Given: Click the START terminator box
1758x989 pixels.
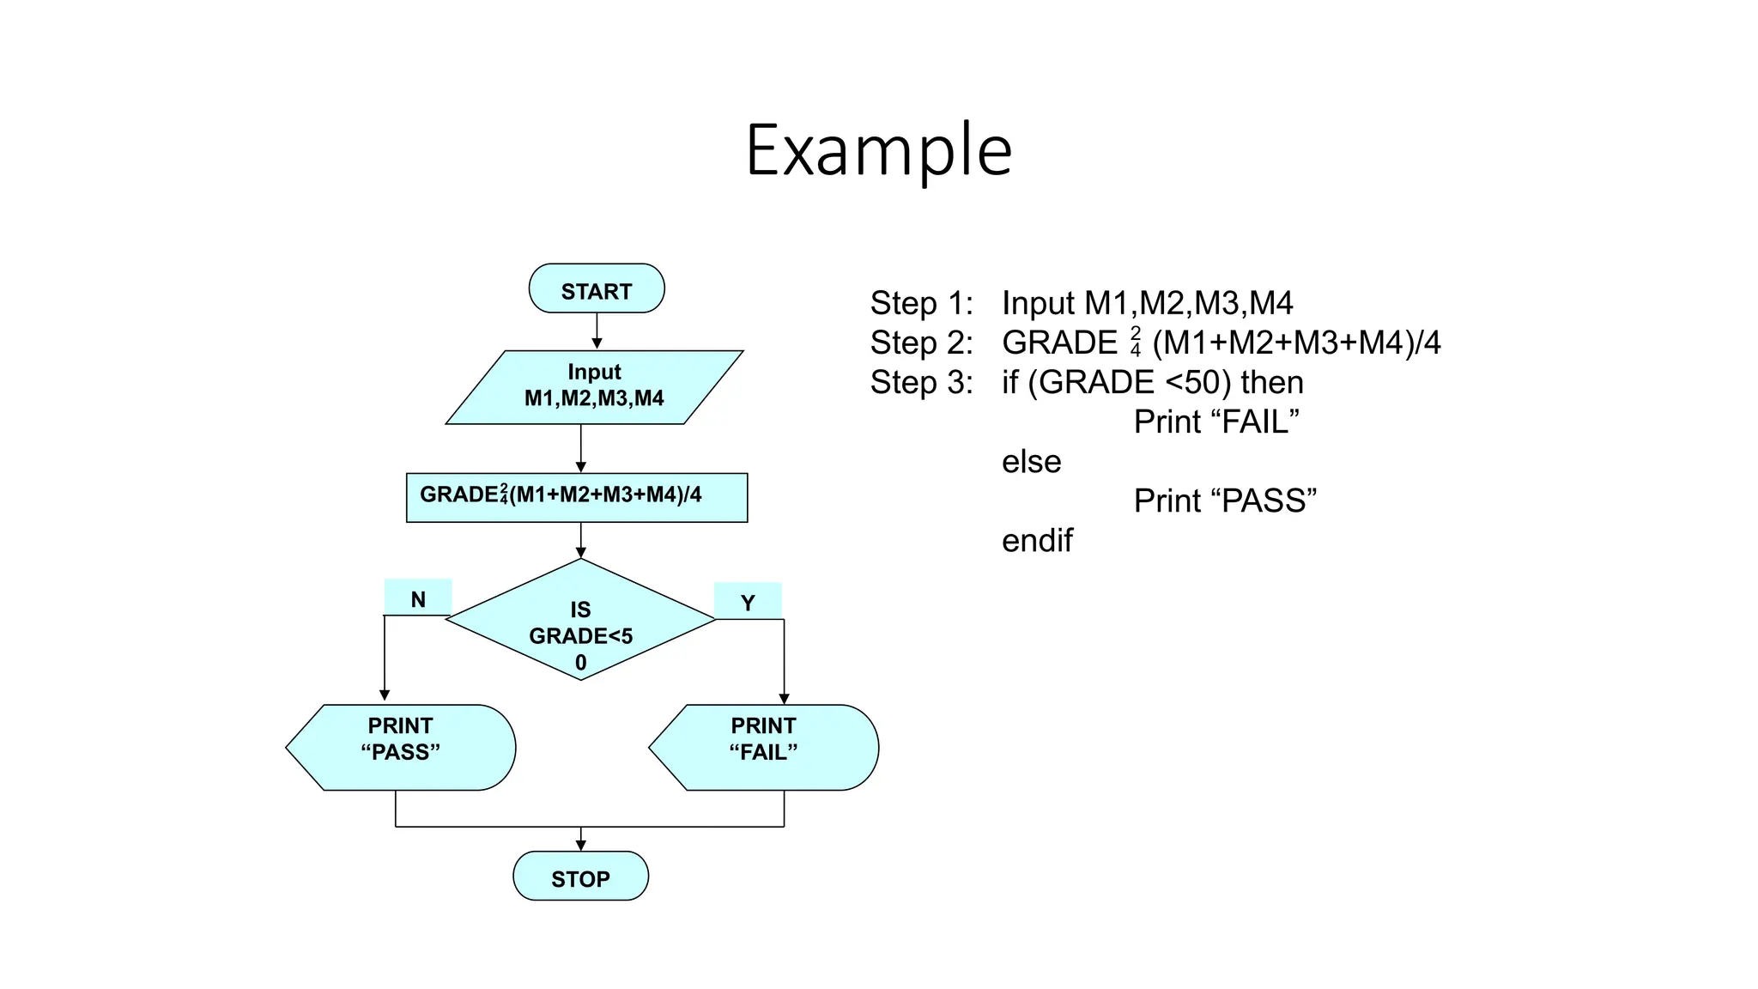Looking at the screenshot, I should pyautogui.click(x=597, y=289).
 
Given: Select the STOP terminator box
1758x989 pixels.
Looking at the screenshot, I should pyautogui.click(x=580, y=877).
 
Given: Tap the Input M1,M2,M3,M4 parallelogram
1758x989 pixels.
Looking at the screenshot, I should pyautogui.click(x=594, y=386).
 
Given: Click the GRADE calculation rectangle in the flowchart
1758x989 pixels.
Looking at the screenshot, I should pyautogui.click(x=577, y=497).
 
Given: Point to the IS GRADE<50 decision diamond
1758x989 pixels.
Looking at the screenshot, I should pyautogui.click(x=580, y=621).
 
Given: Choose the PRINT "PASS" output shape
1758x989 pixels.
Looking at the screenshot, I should pyautogui.click(x=401, y=747).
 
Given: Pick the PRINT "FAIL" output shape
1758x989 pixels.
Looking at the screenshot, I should pyautogui.click(x=764, y=747).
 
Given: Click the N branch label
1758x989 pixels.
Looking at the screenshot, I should pyautogui.click(x=418, y=598).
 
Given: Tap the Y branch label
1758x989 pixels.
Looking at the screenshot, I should pyautogui.click(x=748, y=602).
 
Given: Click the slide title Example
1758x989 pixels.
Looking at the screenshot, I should pyautogui.click(x=879, y=150).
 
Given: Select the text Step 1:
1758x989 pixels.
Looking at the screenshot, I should pyautogui.click(x=922, y=303).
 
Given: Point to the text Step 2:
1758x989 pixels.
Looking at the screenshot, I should pyautogui.click(x=922, y=343).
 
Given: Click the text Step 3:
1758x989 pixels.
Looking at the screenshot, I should pyautogui.click(x=922, y=382).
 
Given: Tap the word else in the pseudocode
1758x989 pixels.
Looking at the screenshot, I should pyautogui.click(x=1031, y=462).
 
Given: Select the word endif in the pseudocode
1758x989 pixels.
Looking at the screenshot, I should pyautogui.click(x=1037, y=541).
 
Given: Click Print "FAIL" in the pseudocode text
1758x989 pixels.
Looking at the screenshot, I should pyautogui.click(x=1215, y=422).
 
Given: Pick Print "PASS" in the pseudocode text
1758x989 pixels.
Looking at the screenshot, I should pyautogui.click(x=1225, y=501).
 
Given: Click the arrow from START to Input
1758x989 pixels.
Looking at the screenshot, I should pyautogui.click(x=597, y=330).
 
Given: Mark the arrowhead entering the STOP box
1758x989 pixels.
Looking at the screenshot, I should pyautogui.click(x=581, y=845).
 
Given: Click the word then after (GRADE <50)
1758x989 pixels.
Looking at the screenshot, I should pyautogui.click(x=1272, y=382).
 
